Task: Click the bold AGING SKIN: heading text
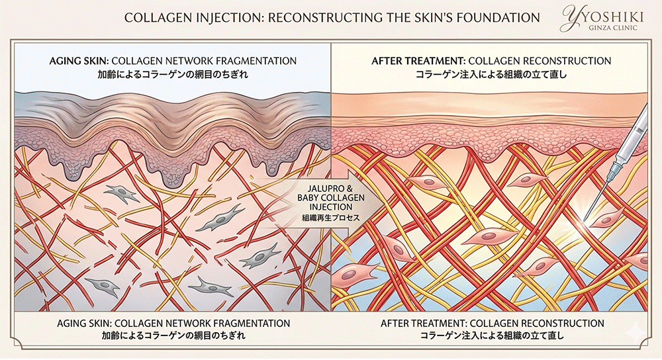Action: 77,61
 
